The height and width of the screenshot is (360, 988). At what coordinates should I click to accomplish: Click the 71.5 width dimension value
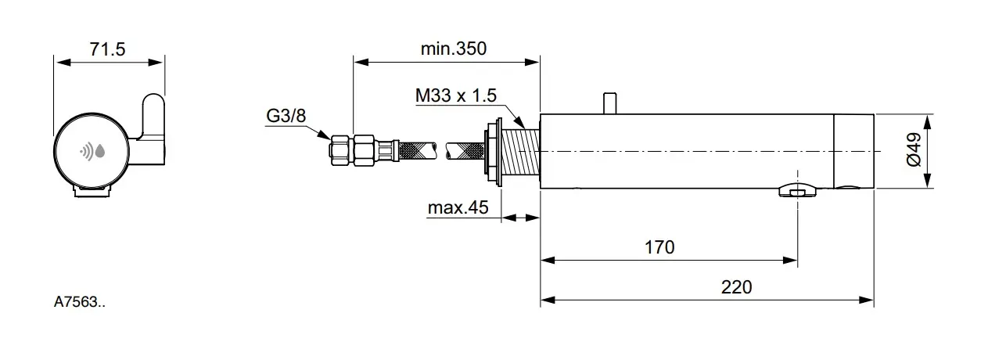(109, 49)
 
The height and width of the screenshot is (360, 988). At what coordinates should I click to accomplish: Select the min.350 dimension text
(453, 49)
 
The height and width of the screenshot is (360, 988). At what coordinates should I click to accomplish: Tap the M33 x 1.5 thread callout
(455, 96)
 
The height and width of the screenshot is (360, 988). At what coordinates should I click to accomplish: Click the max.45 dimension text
(458, 208)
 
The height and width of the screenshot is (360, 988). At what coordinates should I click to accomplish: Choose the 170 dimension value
(659, 247)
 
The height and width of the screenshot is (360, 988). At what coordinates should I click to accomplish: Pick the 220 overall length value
(736, 287)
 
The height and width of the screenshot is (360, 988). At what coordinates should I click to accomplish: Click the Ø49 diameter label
(912, 151)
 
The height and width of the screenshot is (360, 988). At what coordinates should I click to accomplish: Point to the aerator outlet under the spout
(797, 191)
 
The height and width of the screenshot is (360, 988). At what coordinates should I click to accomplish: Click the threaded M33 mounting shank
(521, 152)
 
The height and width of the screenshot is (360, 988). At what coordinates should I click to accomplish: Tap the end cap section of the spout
(853, 151)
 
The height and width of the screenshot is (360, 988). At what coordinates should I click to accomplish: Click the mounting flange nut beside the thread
(494, 152)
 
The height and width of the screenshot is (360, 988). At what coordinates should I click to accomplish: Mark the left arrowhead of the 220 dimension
(546, 300)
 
